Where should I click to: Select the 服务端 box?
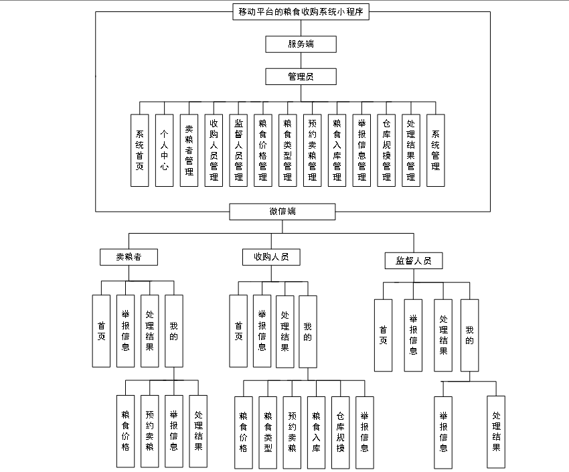[301, 44]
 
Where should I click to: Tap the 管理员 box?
[301, 76]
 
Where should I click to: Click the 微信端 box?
[282, 212]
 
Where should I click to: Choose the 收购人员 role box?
[271, 257]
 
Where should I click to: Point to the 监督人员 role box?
[413, 260]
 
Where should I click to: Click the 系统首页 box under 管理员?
[140, 150]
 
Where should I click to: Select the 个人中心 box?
[164, 150]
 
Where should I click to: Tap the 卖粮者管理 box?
[189, 150]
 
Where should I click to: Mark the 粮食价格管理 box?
[263, 150]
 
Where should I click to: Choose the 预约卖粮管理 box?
[312, 150]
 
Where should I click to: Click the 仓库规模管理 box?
[386, 150]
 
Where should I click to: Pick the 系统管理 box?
[436, 150]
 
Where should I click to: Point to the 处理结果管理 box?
[411, 150]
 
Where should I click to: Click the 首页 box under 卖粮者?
[101, 331]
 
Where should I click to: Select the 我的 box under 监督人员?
[470, 335]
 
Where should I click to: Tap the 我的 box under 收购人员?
[308, 331]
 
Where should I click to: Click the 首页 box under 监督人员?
[383, 335]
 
